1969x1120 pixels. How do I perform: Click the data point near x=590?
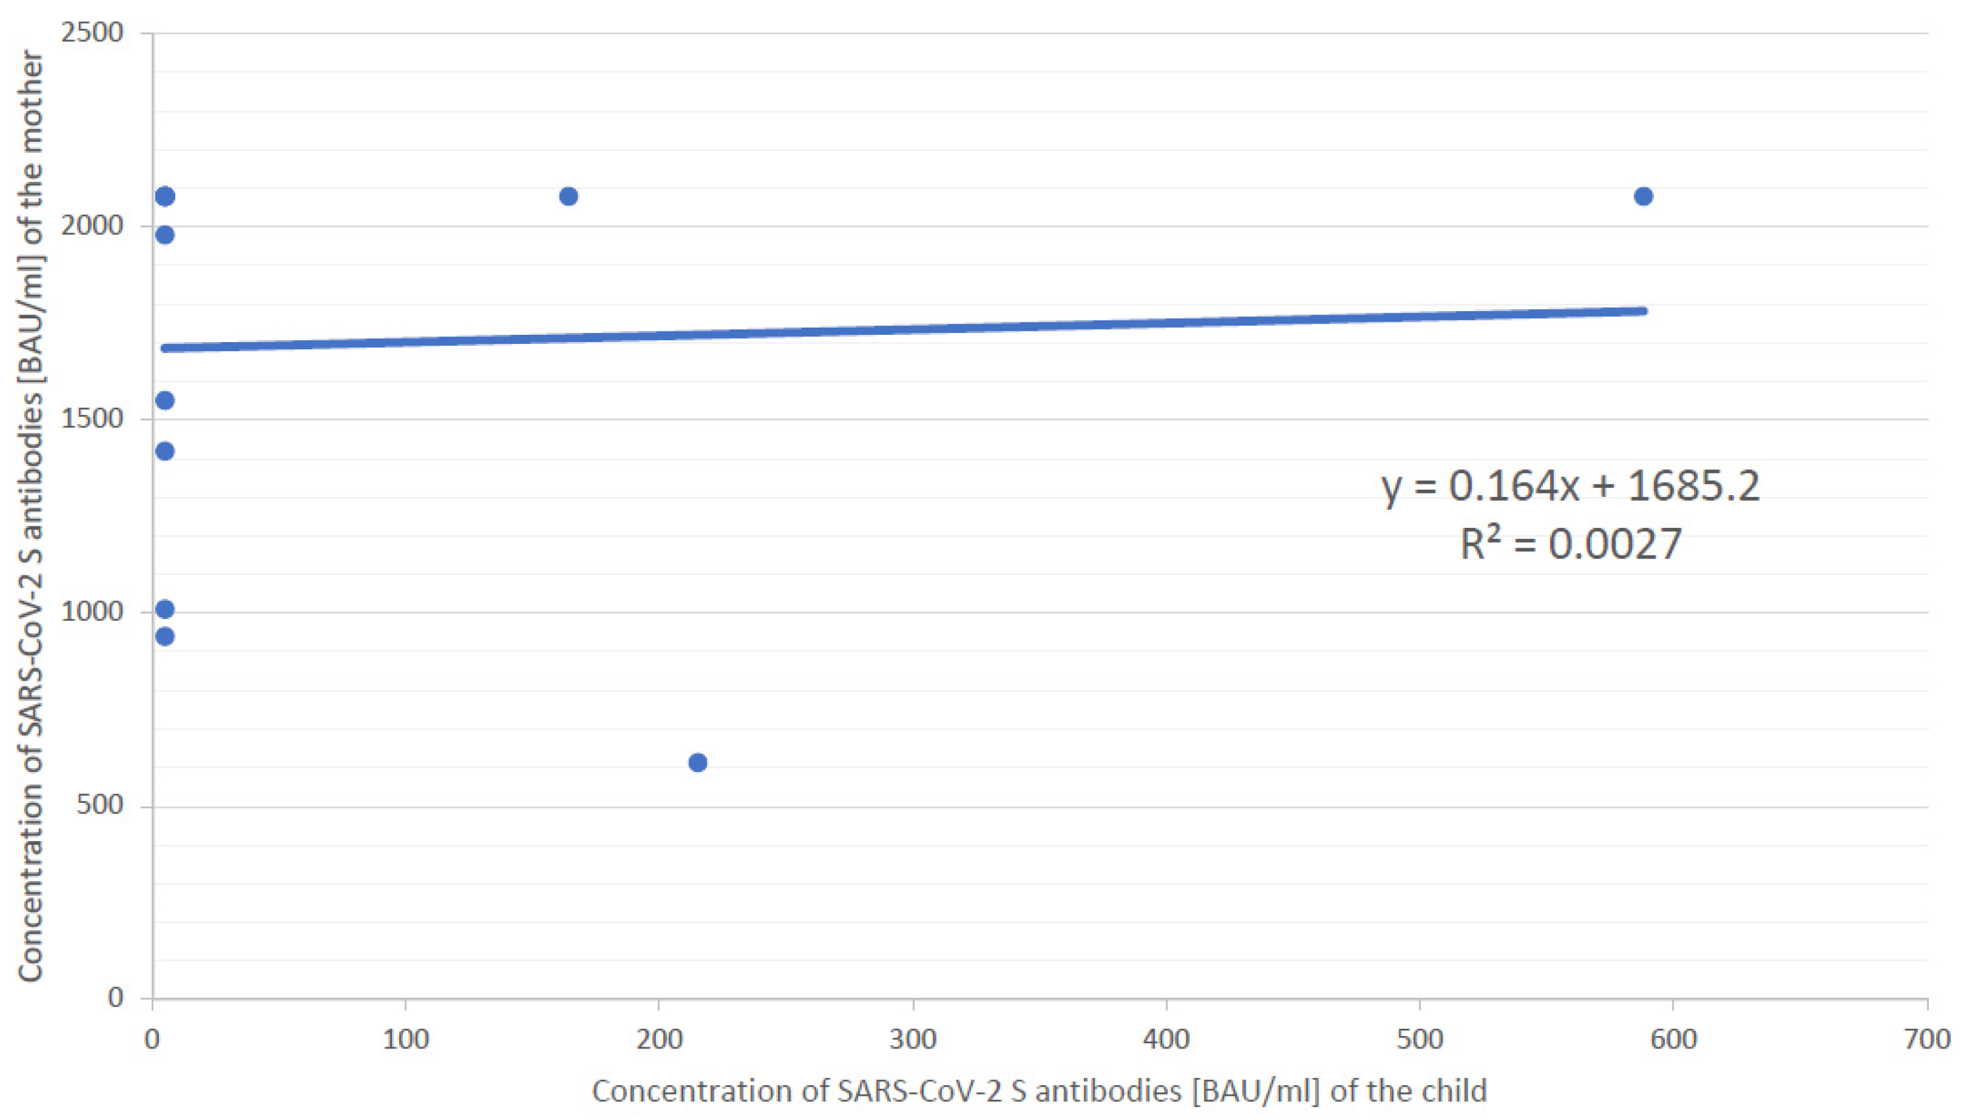pos(1643,196)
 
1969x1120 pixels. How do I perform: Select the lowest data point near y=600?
pos(698,762)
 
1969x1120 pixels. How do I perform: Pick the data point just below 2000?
pos(165,234)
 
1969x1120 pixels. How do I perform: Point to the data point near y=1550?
pos(165,400)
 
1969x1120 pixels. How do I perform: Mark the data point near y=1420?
pos(165,451)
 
